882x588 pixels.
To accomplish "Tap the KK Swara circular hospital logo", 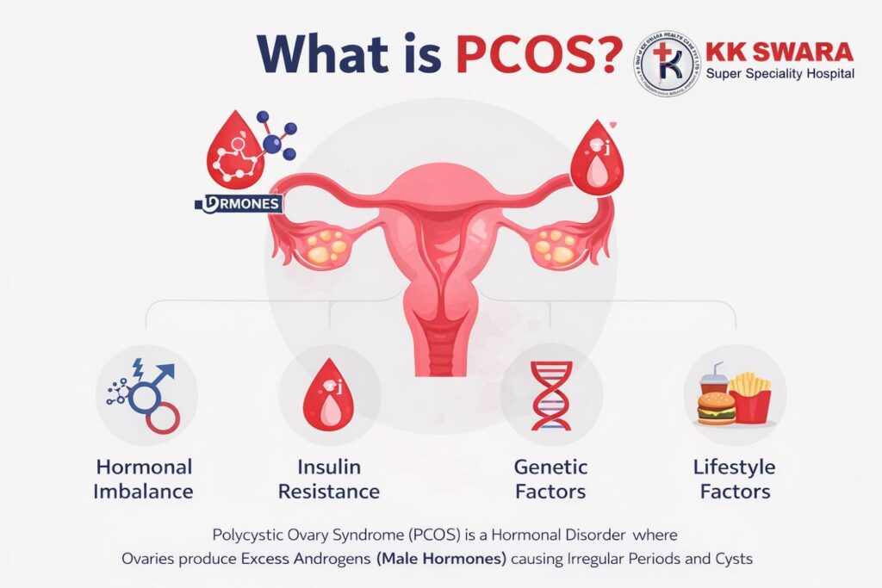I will (x=666, y=63).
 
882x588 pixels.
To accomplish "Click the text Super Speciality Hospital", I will (x=780, y=74).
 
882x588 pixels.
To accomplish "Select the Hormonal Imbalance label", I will (x=144, y=480).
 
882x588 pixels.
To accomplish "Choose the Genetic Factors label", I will (x=550, y=480).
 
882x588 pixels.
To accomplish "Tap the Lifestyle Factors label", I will (x=734, y=480).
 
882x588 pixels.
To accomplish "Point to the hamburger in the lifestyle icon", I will (x=716, y=409).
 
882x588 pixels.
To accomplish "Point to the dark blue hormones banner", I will (x=239, y=204).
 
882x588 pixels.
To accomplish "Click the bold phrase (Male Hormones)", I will (x=441, y=559).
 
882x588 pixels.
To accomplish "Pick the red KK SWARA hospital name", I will (x=780, y=52).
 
